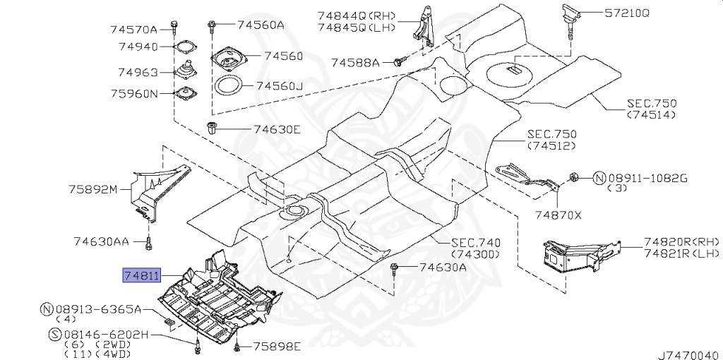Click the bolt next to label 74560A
211,26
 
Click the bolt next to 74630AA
149,244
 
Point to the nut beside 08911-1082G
574,178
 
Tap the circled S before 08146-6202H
54,334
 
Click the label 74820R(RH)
681,241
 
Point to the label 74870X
558,214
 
